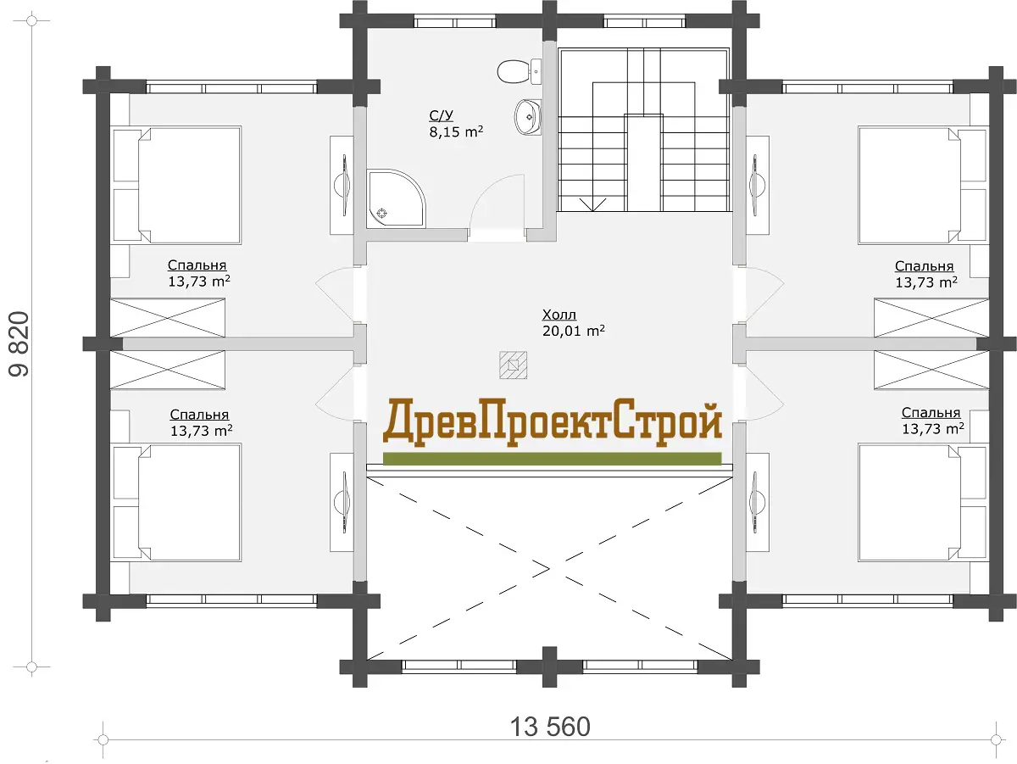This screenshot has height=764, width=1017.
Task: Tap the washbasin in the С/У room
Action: coord(528,117)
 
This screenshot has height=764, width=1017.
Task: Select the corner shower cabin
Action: coord(396,198)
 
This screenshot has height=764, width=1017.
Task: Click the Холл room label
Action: coord(559,315)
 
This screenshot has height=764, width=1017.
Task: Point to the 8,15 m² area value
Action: coord(456,132)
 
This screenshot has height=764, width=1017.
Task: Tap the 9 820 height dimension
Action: coord(19,343)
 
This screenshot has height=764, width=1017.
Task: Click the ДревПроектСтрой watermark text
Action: coord(553,423)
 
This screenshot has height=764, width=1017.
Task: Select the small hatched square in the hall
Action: coord(513,365)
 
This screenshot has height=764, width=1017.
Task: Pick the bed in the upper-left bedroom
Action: coord(177,185)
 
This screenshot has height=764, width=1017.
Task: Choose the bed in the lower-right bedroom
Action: coord(922,503)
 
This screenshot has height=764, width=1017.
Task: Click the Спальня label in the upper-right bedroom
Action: coord(924,266)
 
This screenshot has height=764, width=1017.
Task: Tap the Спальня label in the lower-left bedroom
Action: coord(199,415)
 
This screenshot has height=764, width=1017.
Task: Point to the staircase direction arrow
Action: coord(592,205)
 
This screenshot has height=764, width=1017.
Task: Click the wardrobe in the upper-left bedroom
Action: coord(167,318)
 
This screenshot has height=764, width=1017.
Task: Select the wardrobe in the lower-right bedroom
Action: coord(931,370)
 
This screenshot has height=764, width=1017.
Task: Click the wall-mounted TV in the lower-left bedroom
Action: coord(343,503)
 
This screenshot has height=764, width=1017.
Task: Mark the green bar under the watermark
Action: coord(553,459)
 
